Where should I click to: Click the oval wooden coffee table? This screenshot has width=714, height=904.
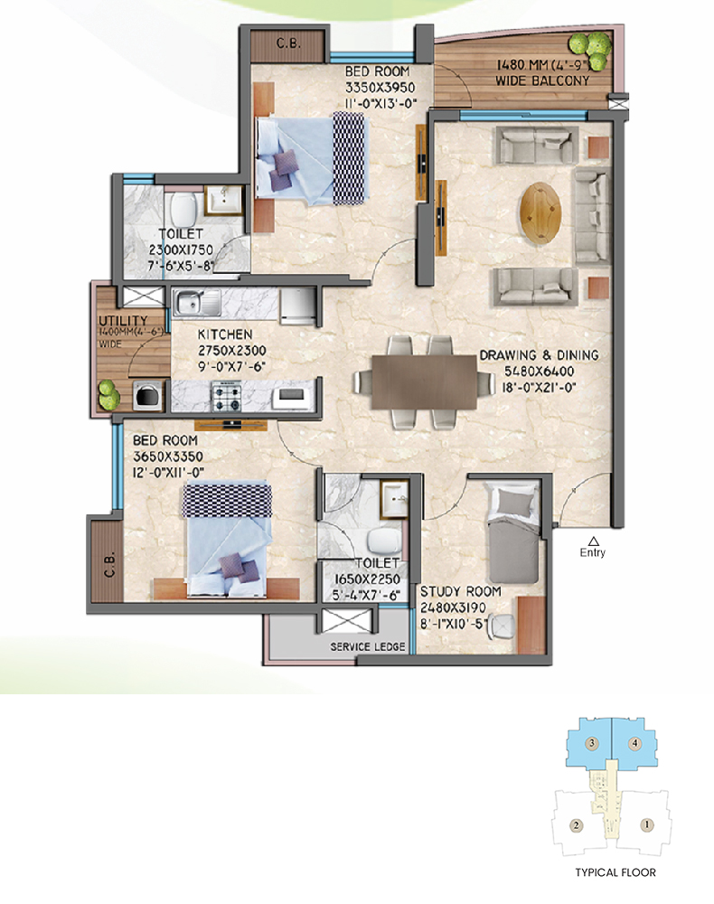(540, 212)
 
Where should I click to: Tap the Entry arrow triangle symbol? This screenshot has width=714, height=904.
(593, 541)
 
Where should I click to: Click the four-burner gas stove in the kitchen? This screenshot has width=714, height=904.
(227, 397)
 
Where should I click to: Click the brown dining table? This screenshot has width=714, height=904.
(424, 381)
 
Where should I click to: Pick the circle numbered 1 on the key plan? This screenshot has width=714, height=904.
(646, 825)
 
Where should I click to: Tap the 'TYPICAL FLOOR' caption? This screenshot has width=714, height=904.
(615, 872)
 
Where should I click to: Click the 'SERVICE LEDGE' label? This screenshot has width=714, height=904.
(368, 647)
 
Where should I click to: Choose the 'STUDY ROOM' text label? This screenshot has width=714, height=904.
(460, 591)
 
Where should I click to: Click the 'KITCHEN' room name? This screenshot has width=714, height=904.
(225, 334)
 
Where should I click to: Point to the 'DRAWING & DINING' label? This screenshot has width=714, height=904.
(539, 355)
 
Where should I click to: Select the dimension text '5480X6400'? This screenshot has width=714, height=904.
(539, 372)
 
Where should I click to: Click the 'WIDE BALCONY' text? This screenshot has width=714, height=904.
(543, 80)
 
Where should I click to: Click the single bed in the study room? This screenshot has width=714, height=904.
(512, 533)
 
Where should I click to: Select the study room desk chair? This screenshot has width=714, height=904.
(502, 626)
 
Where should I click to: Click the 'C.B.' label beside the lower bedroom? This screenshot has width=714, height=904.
(109, 565)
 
